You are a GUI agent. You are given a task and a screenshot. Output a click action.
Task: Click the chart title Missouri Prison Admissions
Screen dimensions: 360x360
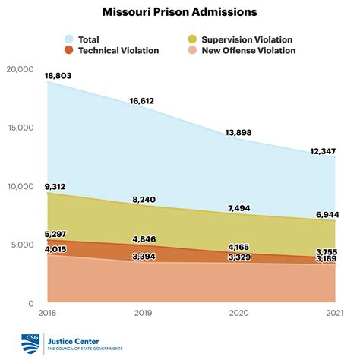point(180,12)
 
